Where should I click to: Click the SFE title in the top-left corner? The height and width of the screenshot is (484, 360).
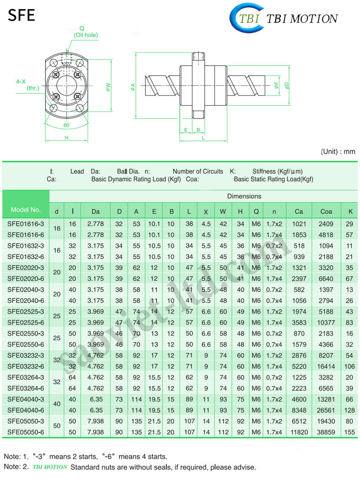pyautogui.click(x=21, y=15)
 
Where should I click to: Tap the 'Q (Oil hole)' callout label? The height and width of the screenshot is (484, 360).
pyautogui.click(x=85, y=31)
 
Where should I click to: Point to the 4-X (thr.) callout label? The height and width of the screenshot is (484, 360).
pyautogui.click(x=27, y=85)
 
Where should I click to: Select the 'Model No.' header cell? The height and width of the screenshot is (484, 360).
pyautogui.click(x=26, y=210)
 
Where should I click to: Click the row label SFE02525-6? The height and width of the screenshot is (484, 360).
pyautogui.click(x=26, y=322)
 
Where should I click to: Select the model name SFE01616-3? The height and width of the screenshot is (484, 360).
pyautogui.click(x=26, y=224)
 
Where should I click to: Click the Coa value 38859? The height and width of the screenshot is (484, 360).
pyautogui.click(x=326, y=432)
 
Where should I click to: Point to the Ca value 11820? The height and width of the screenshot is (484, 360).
pyautogui.click(x=299, y=432)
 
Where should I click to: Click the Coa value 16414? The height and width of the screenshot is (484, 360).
pyautogui.click(x=326, y=366)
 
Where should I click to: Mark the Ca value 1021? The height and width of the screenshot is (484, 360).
pyautogui.click(x=299, y=224)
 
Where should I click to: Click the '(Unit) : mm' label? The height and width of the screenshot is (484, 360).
pyautogui.click(x=338, y=152)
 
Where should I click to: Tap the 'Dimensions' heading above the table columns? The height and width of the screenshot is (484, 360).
pyautogui.click(x=244, y=196)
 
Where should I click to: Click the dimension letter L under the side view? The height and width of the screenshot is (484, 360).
pyautogui.click(x=203, y=138)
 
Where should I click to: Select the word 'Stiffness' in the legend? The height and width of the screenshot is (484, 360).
pyautogui.click(x=263, y=171)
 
